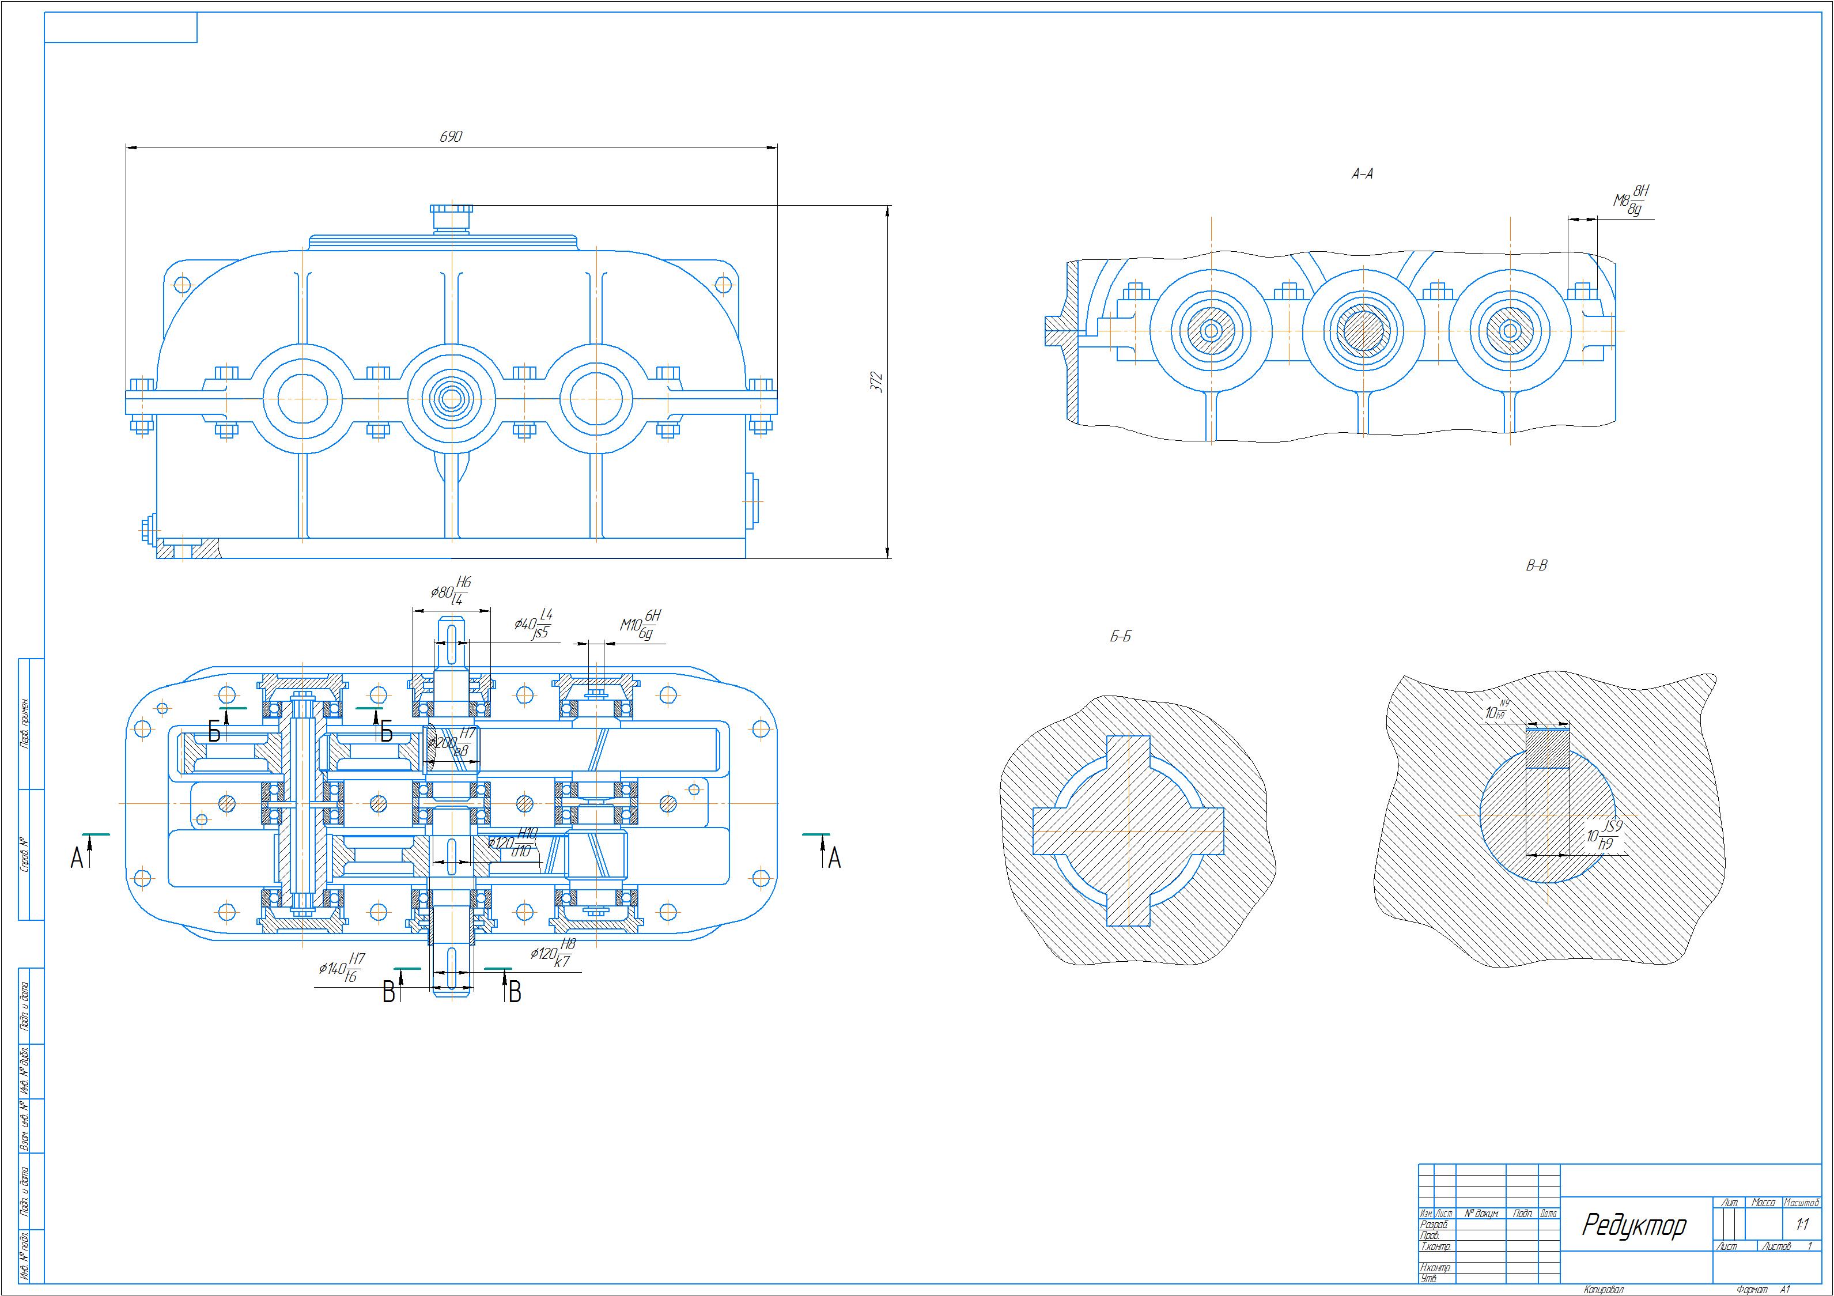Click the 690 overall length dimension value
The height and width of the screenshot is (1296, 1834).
pos(451,137)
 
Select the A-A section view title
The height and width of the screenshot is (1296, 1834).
pos(1362,174)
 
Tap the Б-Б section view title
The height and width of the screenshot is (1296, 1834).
pos(1121,637)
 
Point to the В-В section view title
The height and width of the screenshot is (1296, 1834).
pos(1536,566)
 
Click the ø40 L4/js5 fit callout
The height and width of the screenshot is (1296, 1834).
pos(534,624)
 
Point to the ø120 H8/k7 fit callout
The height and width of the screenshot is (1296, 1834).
pos(552,953)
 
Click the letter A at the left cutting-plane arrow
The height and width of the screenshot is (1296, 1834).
pos(77,858)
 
